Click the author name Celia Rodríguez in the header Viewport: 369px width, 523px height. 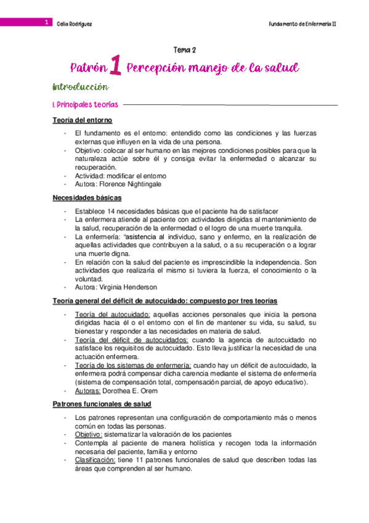pos(73,23)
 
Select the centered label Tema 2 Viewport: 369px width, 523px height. pos(184,50)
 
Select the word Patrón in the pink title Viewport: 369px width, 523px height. pos(88,68)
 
